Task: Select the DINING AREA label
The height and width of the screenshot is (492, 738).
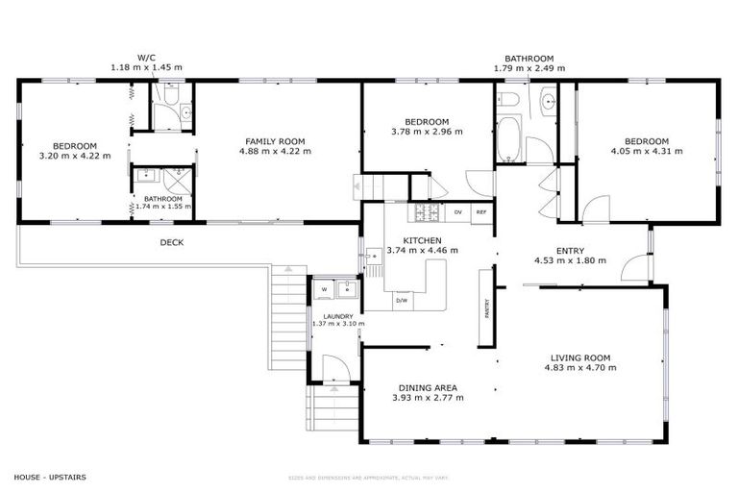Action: [428, 388]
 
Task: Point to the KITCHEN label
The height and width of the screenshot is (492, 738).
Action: [422, 240]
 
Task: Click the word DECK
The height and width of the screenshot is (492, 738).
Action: [171, 243]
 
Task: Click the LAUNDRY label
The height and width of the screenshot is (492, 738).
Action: [337, 316]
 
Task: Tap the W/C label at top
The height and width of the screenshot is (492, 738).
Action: [145, 59]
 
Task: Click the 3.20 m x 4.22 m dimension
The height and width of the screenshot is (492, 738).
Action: [74, 155]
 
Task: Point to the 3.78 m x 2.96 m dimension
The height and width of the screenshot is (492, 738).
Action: [427, 132]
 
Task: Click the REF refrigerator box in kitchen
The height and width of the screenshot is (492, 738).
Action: [481, 211]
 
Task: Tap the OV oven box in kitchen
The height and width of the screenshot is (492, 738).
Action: [457, 211]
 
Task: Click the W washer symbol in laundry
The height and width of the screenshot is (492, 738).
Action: [324, 287]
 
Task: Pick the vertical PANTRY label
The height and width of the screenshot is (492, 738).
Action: [487, 307]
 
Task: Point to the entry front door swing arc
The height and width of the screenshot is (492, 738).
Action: [634, 268]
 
